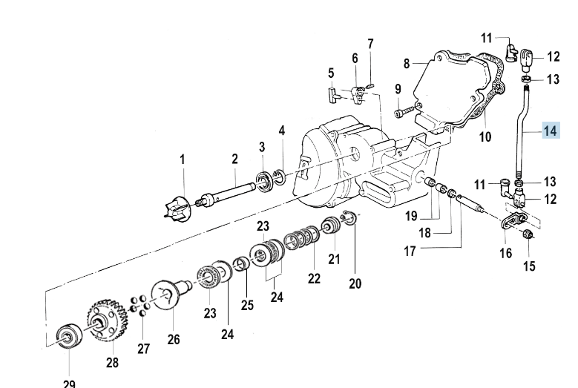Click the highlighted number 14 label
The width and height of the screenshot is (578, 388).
[550, 131]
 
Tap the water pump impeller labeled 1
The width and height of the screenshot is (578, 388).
[181, 203]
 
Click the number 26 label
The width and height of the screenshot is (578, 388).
[174, 339]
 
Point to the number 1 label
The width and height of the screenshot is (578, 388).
[182, 159]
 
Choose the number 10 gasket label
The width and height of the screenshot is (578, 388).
[485, 137]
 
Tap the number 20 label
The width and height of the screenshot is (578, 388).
[355, 283]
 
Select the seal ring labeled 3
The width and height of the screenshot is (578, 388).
[263, 179]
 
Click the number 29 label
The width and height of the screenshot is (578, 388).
[68, 384]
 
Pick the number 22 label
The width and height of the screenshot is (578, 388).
[313, 279]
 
